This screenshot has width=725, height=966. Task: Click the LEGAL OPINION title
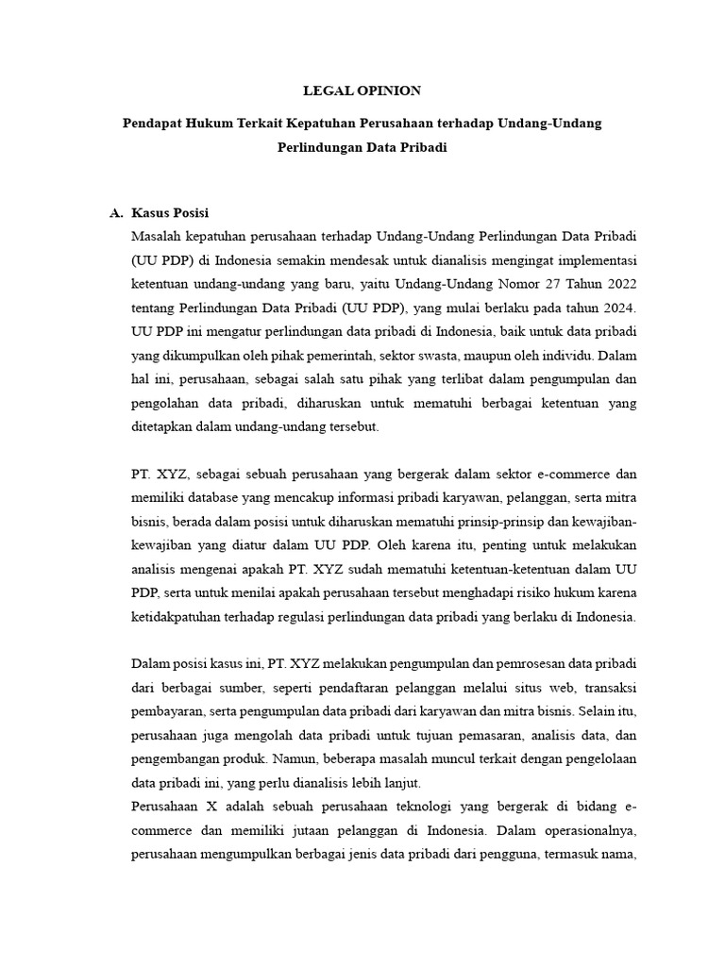click(362, 91)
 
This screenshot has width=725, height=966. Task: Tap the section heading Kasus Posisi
click(170, 213)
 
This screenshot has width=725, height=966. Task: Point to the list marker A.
click(116, 213)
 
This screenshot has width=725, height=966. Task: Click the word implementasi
click(597, 258)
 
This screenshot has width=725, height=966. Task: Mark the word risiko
click(527, 593)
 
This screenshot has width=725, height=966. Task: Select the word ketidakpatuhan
click(176, 618)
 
